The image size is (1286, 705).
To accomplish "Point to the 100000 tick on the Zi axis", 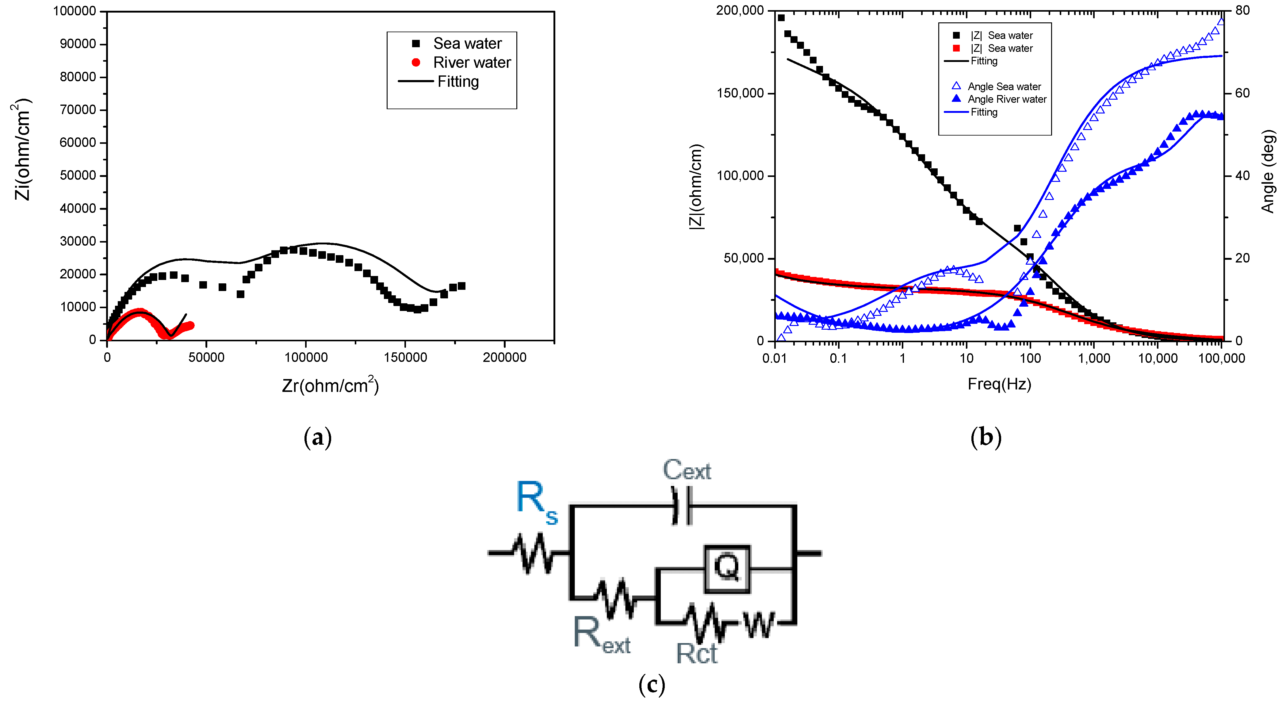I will click(x=75, y=11).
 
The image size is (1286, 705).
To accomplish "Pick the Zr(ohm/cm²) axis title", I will click(x=331, y=385).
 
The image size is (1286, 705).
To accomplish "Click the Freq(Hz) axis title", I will click(x=999, y=384).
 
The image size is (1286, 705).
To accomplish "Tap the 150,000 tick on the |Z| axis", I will click(x=740, y=93).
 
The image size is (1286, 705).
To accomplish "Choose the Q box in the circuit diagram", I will click(x=727, y=568).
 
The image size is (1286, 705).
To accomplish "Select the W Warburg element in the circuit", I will click(x=759, y=624).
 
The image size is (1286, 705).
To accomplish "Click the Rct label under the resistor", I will click(x=696, y=653).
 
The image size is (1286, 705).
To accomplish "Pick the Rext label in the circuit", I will click(x=602, y=634).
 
